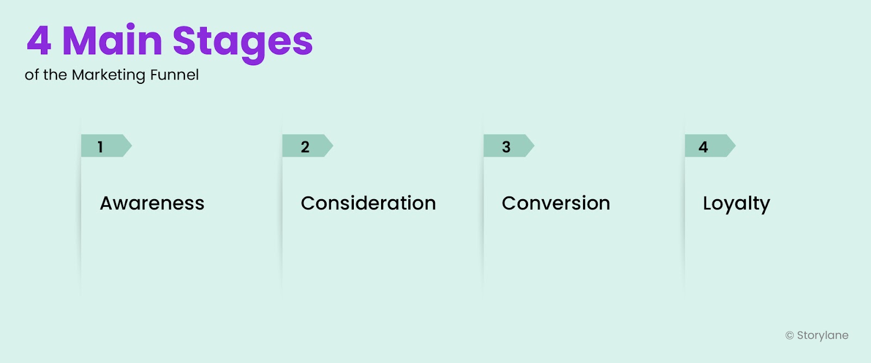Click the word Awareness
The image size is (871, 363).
[x=152, y=203]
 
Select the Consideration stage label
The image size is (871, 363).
[x=368, y=203]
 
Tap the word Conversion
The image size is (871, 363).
[x=556, y=203]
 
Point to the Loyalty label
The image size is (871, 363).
[x=736, y=204]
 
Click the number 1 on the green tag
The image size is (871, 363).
[x=100, y=146]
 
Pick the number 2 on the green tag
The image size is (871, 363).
[x=305, y=146]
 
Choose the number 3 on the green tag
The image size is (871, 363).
[x=506, y=146]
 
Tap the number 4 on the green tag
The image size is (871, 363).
[x=703, y=146]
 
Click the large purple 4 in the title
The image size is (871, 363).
[x=39, y=41]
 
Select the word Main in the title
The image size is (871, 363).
[x=112, y=41]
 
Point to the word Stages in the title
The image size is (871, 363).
[x=242, y=42]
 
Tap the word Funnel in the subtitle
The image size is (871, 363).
[x=174, y=75]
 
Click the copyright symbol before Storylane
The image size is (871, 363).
[x=789, y=336]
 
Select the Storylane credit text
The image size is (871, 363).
[x=823, y=335]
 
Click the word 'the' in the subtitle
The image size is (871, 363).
[x=55, y=75]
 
